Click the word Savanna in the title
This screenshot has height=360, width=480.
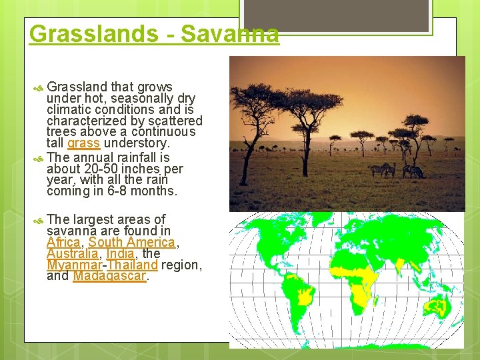click(229, 33)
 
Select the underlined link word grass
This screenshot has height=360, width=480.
click(83, 143)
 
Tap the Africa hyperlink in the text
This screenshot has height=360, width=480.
click(63, 243)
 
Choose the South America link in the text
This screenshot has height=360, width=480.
click(131, 243)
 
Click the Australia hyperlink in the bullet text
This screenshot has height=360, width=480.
click(71, 254)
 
